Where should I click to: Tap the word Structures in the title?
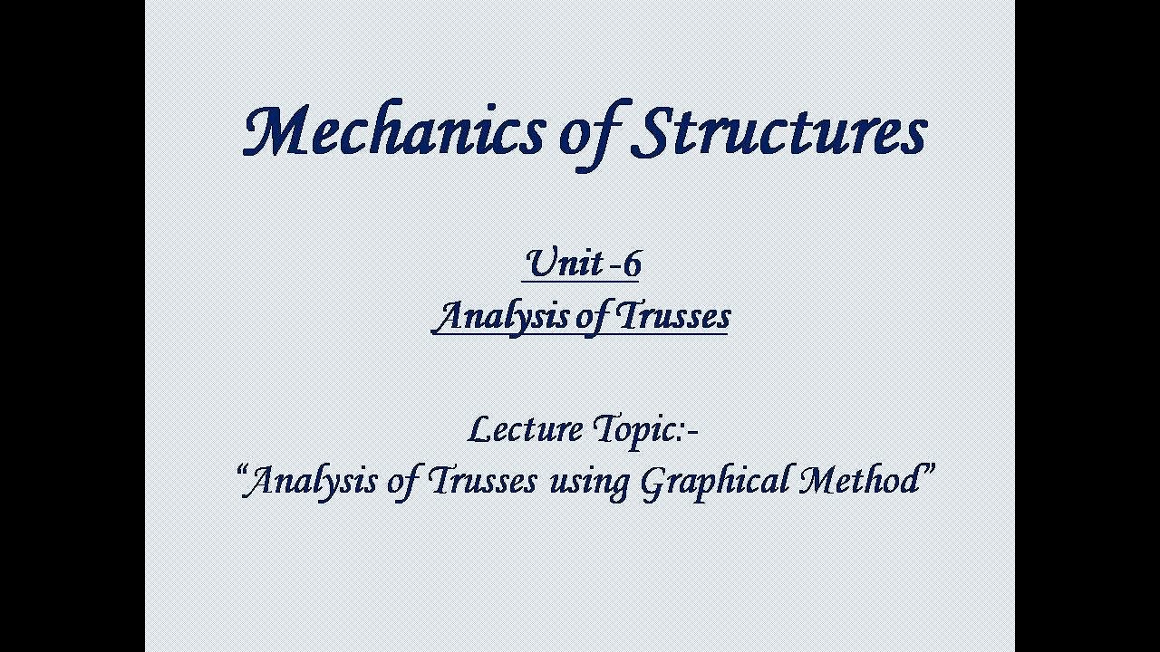tap(780, 132)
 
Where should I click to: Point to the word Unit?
tap(564, 264)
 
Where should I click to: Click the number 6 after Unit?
tap(632, 264)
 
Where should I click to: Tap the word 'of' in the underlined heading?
tap(594, 319)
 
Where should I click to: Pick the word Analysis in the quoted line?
tap(314, 481)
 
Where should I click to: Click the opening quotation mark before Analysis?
tap(244, 471)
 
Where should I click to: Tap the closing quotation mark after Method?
tap(929, 471)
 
